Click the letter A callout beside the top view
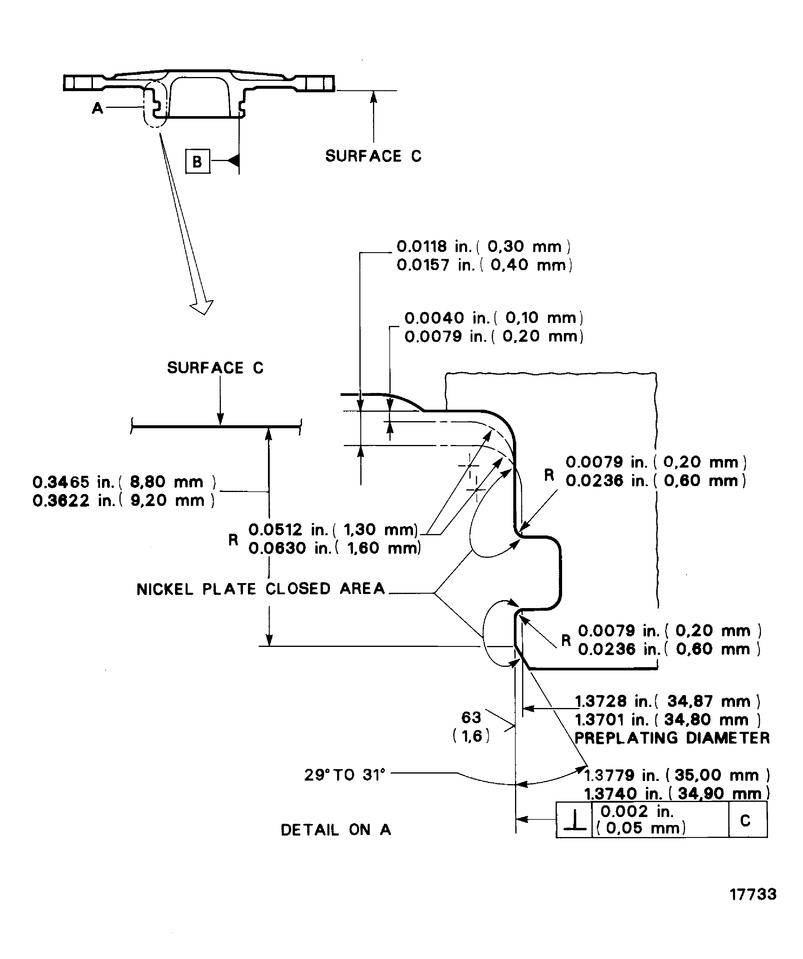point(97,108)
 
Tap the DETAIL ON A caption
point(336,830)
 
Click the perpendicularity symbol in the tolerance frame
point(574,821)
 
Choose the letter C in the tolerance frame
point(745,821)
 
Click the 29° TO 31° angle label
point(345,775)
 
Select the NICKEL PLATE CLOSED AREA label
point(261,589)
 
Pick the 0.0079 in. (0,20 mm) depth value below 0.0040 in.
point(494,337)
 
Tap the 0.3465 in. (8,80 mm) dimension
point(124,482)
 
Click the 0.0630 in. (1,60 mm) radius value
point(334,548)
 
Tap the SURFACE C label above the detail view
point(215,368)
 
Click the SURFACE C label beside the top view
point(373,156)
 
